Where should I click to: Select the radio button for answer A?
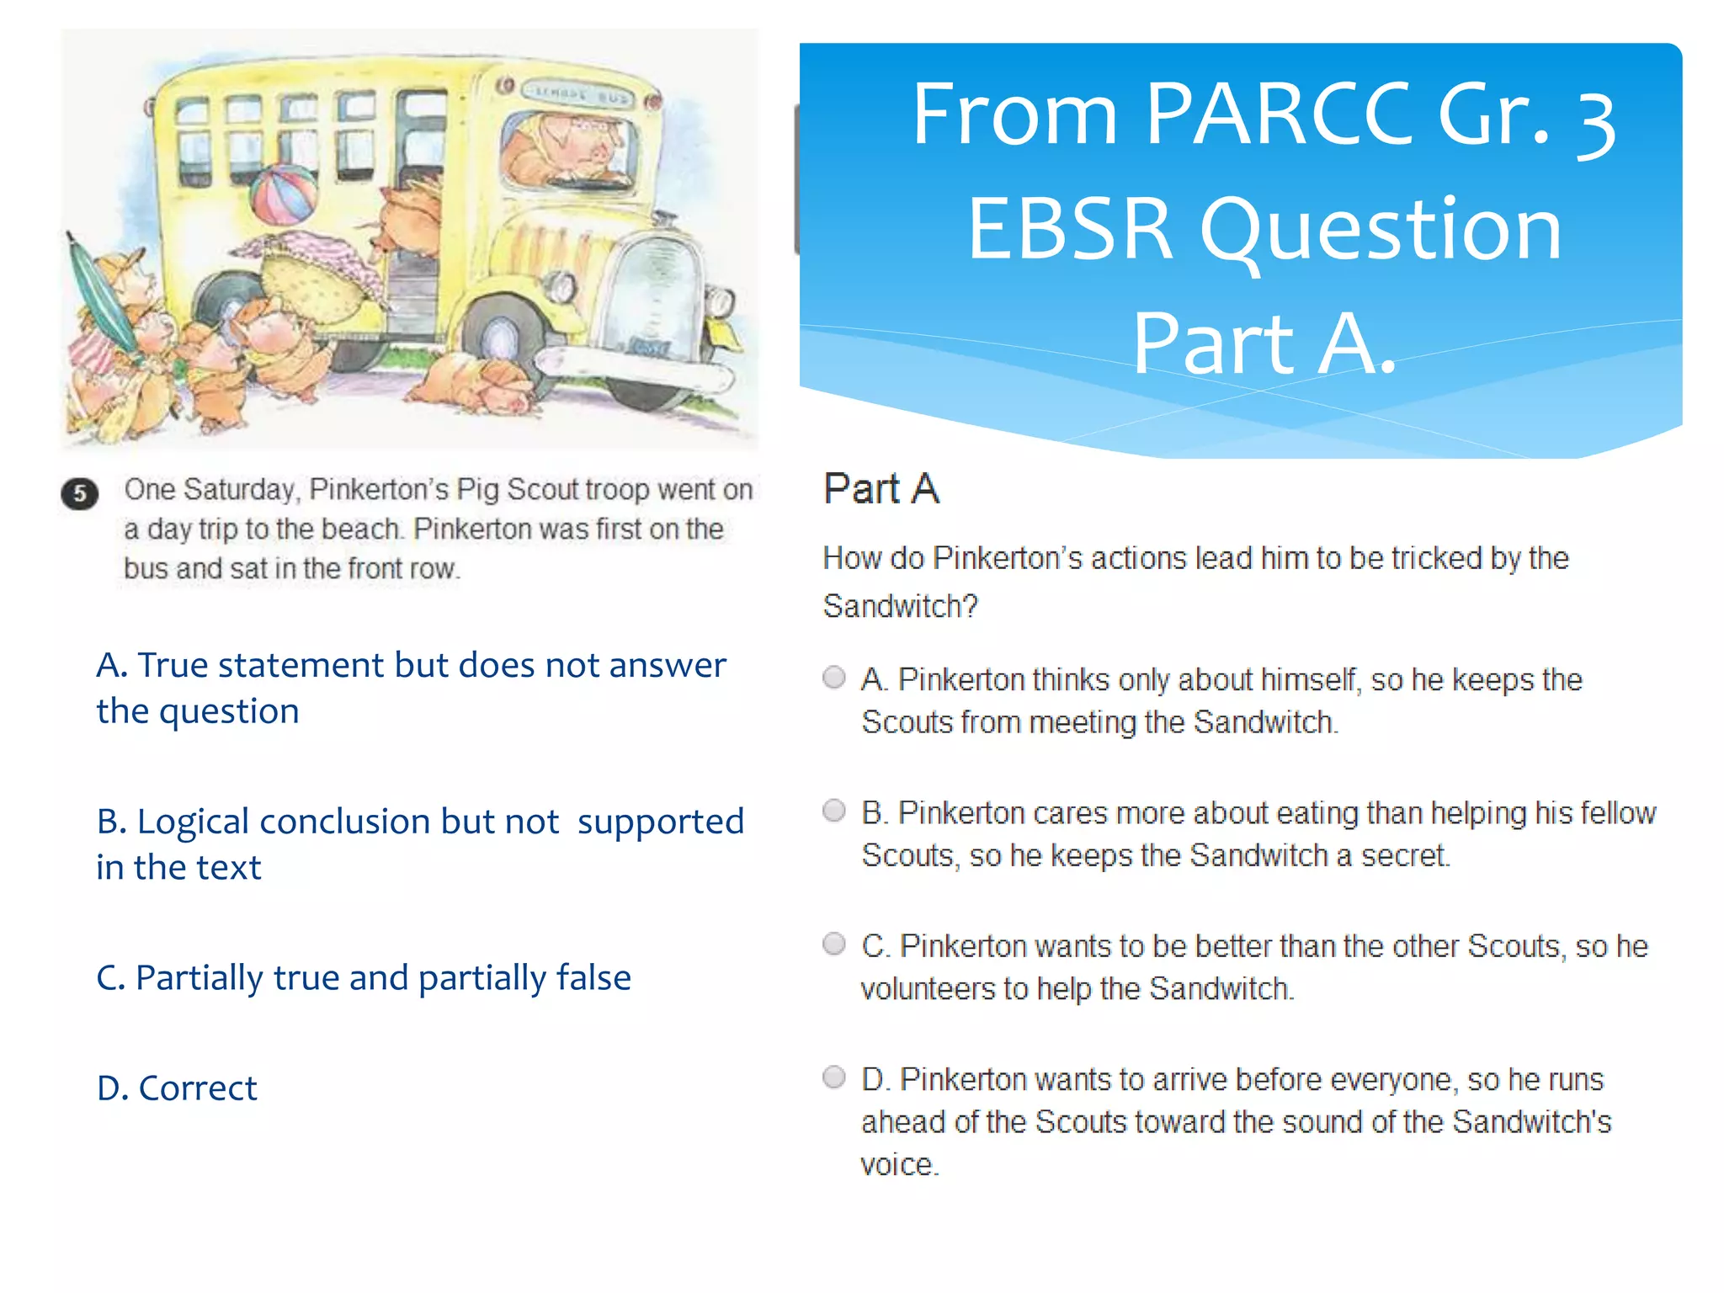(x=833, y=678)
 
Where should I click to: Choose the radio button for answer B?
(x=833, y=811)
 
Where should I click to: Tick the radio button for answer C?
(x=833, y=944)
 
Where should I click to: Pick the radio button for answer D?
(x=833, y=1077)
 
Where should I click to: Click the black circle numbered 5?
(x=80, y=493)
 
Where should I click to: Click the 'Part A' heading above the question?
(x=881, y=489)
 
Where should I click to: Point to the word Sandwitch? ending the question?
(x=900, y=606)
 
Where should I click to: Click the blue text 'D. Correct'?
(x=177, y=1088)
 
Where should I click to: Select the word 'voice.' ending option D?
(x=899, y=1165)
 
